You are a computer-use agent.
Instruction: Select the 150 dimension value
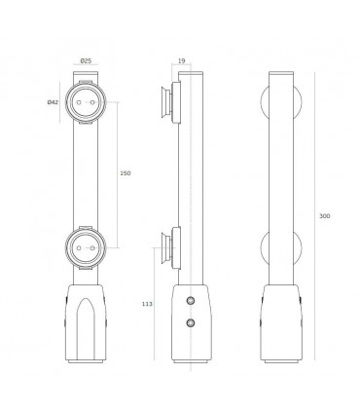point(125,173)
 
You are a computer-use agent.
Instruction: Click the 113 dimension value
point(146,303)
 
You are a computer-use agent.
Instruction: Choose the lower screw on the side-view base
point(191,321)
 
